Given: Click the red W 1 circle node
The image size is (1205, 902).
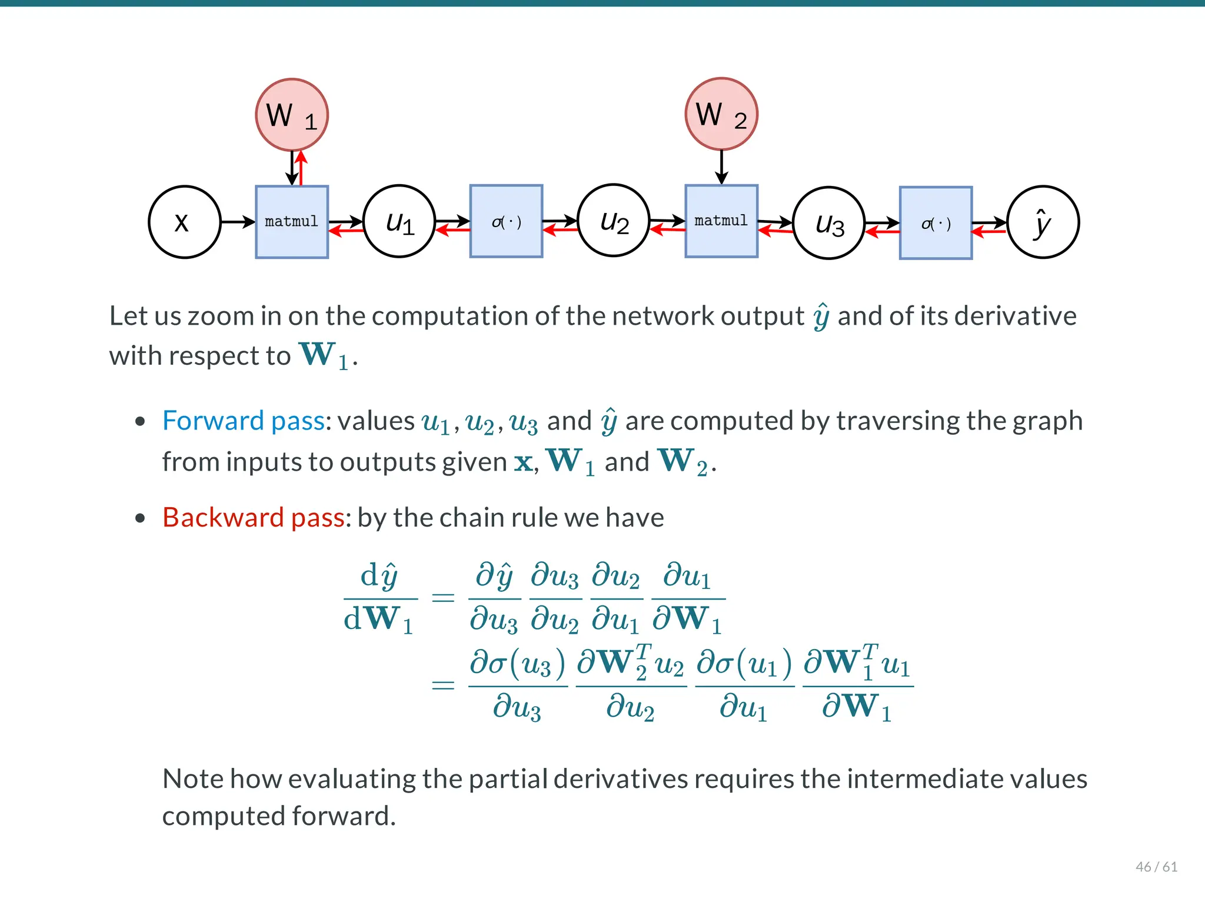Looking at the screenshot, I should pos(291,114).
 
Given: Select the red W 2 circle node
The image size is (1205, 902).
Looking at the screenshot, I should pos(721,114).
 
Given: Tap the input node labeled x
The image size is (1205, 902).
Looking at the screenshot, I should pos(184,222).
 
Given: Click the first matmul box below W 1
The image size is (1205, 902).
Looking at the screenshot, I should pos(291,222).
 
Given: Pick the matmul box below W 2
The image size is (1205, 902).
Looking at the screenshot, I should pos(721,221).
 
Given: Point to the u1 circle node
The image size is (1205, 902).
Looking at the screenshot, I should pos(399,222).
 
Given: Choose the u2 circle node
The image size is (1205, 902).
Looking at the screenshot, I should pos(613,221).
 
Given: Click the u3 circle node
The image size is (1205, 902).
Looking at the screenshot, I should pos(828,223).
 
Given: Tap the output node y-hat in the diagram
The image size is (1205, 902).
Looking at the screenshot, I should pos(1043,222).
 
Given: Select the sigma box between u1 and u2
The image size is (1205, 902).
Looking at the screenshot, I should pos(506,222).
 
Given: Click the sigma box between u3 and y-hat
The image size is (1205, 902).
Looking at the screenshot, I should pos(936,223).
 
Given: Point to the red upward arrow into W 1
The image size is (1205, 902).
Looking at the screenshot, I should pos(301,168).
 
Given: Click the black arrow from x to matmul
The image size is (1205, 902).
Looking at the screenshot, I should pos(238,222).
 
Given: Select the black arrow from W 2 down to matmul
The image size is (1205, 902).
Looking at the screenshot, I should pos(721,167).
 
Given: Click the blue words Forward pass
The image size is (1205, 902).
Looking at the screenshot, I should pos(243,421).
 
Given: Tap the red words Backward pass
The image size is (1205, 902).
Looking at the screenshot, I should pos(253,517).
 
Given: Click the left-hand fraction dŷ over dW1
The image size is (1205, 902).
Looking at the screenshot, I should pos(380,598).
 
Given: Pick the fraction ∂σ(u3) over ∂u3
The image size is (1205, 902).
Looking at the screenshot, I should pos(517,685).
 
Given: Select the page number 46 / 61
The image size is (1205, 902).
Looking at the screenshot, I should pos(1156,866).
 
